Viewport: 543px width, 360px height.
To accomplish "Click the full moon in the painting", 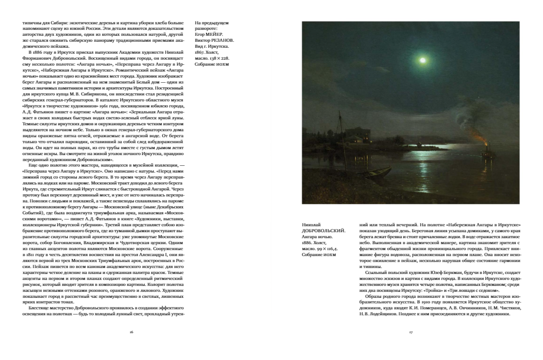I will pos(422,60).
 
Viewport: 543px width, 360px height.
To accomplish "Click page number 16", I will pos(132,332).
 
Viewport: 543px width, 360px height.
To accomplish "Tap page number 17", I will pos(411,332).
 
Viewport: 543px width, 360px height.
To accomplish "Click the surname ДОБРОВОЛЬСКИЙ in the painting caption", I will pos(323,230).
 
